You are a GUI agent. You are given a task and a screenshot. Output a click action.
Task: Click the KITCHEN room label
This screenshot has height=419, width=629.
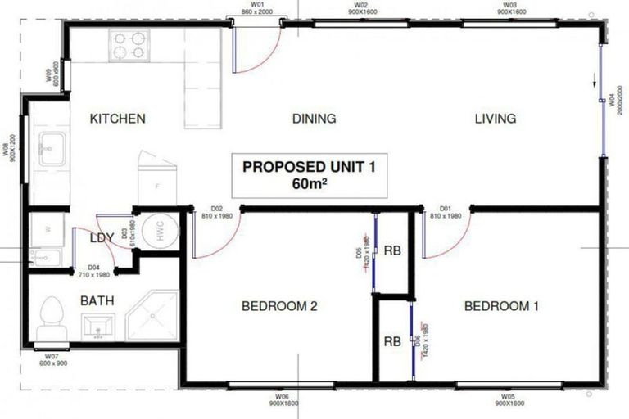click(118, 119)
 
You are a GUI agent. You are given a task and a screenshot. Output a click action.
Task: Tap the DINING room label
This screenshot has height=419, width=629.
click(314, 119)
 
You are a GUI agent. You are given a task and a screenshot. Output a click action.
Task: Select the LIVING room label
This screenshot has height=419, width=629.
click(496, 119)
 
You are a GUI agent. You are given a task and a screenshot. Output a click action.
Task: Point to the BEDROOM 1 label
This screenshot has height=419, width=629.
click(501, 307)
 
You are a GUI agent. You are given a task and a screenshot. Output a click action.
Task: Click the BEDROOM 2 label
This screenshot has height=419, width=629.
click(279, 307)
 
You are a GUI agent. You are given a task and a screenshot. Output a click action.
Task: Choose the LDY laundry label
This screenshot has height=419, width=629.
click(102, 239)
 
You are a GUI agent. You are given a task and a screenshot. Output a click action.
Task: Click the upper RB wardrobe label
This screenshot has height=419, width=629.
click(392, 251)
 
